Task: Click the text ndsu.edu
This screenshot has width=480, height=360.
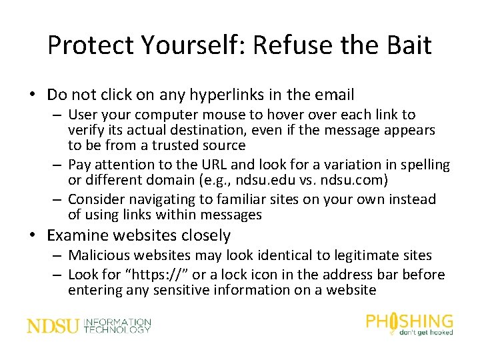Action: (x=309, y=180)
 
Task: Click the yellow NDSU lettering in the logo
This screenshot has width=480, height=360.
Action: (x=53, y=326)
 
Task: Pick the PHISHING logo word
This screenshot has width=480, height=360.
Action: (x=409, y=321)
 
